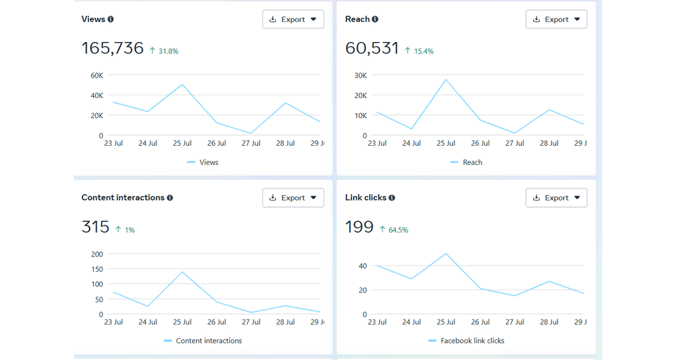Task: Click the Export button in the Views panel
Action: point(293,19)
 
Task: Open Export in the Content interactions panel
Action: point(293,198)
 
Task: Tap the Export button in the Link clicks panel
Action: point(556,198)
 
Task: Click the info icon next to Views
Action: point(111,19)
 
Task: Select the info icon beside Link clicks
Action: point(392,198)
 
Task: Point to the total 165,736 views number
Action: point(112,48)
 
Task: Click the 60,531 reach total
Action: point(372,48)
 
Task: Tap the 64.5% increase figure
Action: point(398,230)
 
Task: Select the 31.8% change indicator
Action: point(168,51)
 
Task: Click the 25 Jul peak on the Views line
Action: point(183,85)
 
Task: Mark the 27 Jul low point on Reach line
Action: point(515,133)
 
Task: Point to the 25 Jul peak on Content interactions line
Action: point(183,272)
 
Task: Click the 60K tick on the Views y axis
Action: point(96,75)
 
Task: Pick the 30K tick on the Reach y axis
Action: point(360,75)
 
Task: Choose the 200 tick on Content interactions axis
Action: point(97,254)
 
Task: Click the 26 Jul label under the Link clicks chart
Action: point(480,322)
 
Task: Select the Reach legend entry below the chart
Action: point(471,162)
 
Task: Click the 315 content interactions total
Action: point(95,227)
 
